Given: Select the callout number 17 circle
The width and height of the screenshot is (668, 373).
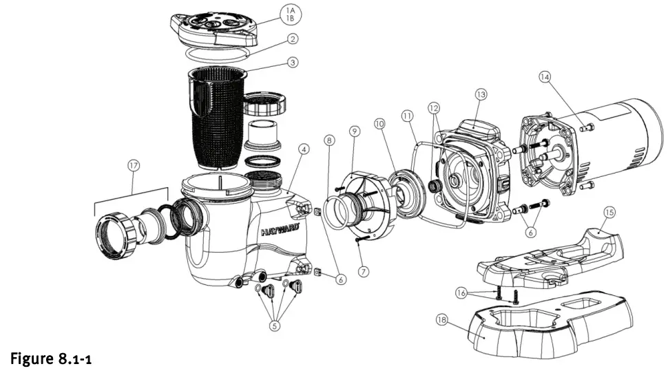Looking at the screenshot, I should (134, 164).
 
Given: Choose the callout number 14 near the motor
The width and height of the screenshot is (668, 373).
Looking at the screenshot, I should (545, 78).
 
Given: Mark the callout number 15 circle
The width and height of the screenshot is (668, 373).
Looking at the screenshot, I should (608, 213).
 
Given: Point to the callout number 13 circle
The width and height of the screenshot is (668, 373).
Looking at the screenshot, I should (480, 94).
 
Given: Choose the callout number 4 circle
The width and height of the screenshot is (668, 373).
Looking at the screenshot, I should (304, 148).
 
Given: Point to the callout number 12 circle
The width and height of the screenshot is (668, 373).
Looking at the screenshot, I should (434, 108).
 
